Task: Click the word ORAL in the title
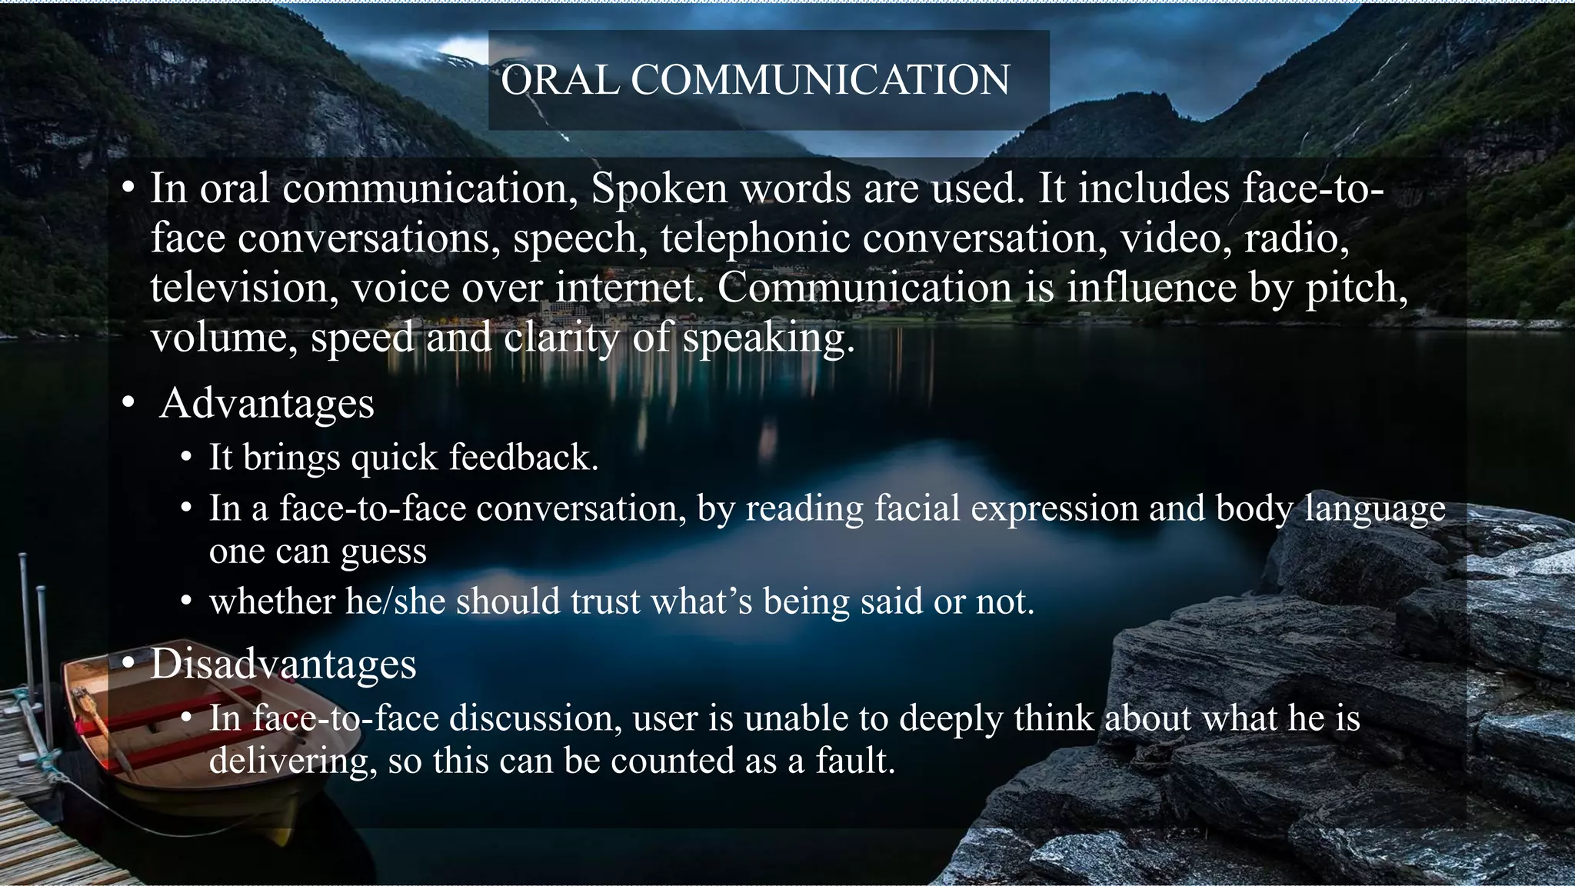[x=560, y=80]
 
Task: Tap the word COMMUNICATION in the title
[x=820, y=80]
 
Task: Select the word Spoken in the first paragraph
[x=659, y=188]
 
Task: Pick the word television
[x=244, y=288]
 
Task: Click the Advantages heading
[x=267, y=403]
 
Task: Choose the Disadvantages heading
[x=283, y=664]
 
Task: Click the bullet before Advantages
[x=128, y=404]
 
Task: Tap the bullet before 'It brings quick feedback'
[x=186, y=459]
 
